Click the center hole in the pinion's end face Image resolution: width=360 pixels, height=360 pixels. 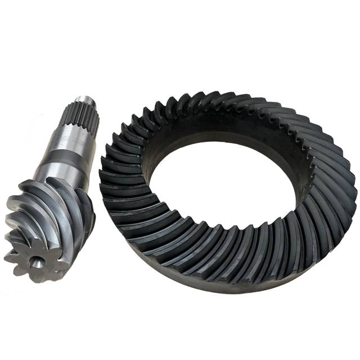[x=36, y=262]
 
